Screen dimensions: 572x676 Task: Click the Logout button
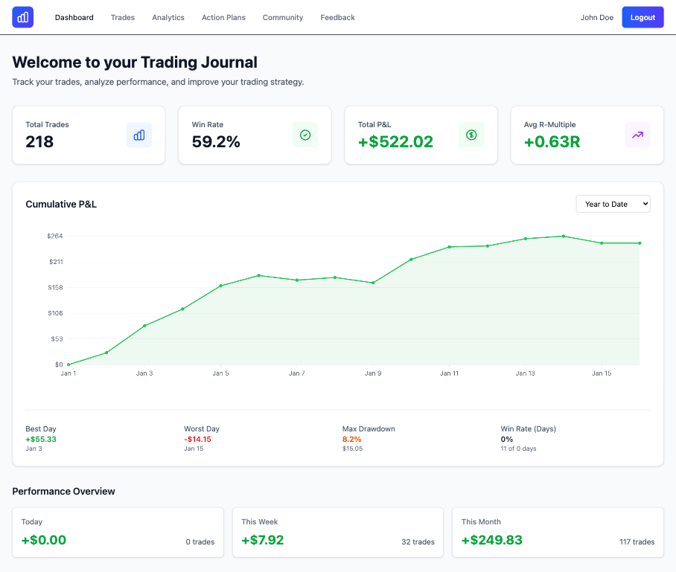(x=642, y=17)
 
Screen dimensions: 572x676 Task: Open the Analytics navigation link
(x=168, y=17)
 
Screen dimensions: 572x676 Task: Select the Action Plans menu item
(x=223, y=17)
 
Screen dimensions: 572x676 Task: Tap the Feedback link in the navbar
(x=337, y=17)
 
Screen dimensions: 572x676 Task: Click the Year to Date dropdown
(x=613, y=204)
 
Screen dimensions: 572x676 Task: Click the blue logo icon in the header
(x=23, y=17)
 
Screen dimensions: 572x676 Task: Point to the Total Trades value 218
(x=39, y=141)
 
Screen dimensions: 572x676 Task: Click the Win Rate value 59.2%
(x=216, y=141)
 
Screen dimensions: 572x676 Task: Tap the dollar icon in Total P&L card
(x=471, y=135)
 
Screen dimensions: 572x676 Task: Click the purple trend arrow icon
(x=637, y=135)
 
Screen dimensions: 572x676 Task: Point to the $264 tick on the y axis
(x=54, y=236)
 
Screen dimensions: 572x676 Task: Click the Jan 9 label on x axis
(x=372, y=373)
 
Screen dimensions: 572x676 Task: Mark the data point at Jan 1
(x=68, y=364)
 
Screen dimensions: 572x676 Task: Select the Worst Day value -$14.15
(x=197, y=439)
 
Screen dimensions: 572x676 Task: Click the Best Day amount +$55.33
(x=41, y=439)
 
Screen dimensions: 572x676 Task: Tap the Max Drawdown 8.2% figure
(x=352, y=439)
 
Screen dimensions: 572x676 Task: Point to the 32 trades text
(x=418, y=542)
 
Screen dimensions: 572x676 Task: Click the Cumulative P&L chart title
(x=61, y=204)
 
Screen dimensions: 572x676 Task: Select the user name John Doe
(x=596, y=17)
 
